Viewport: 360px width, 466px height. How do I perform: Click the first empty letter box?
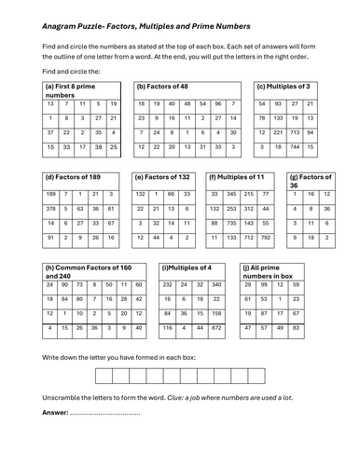coord(105,376)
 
